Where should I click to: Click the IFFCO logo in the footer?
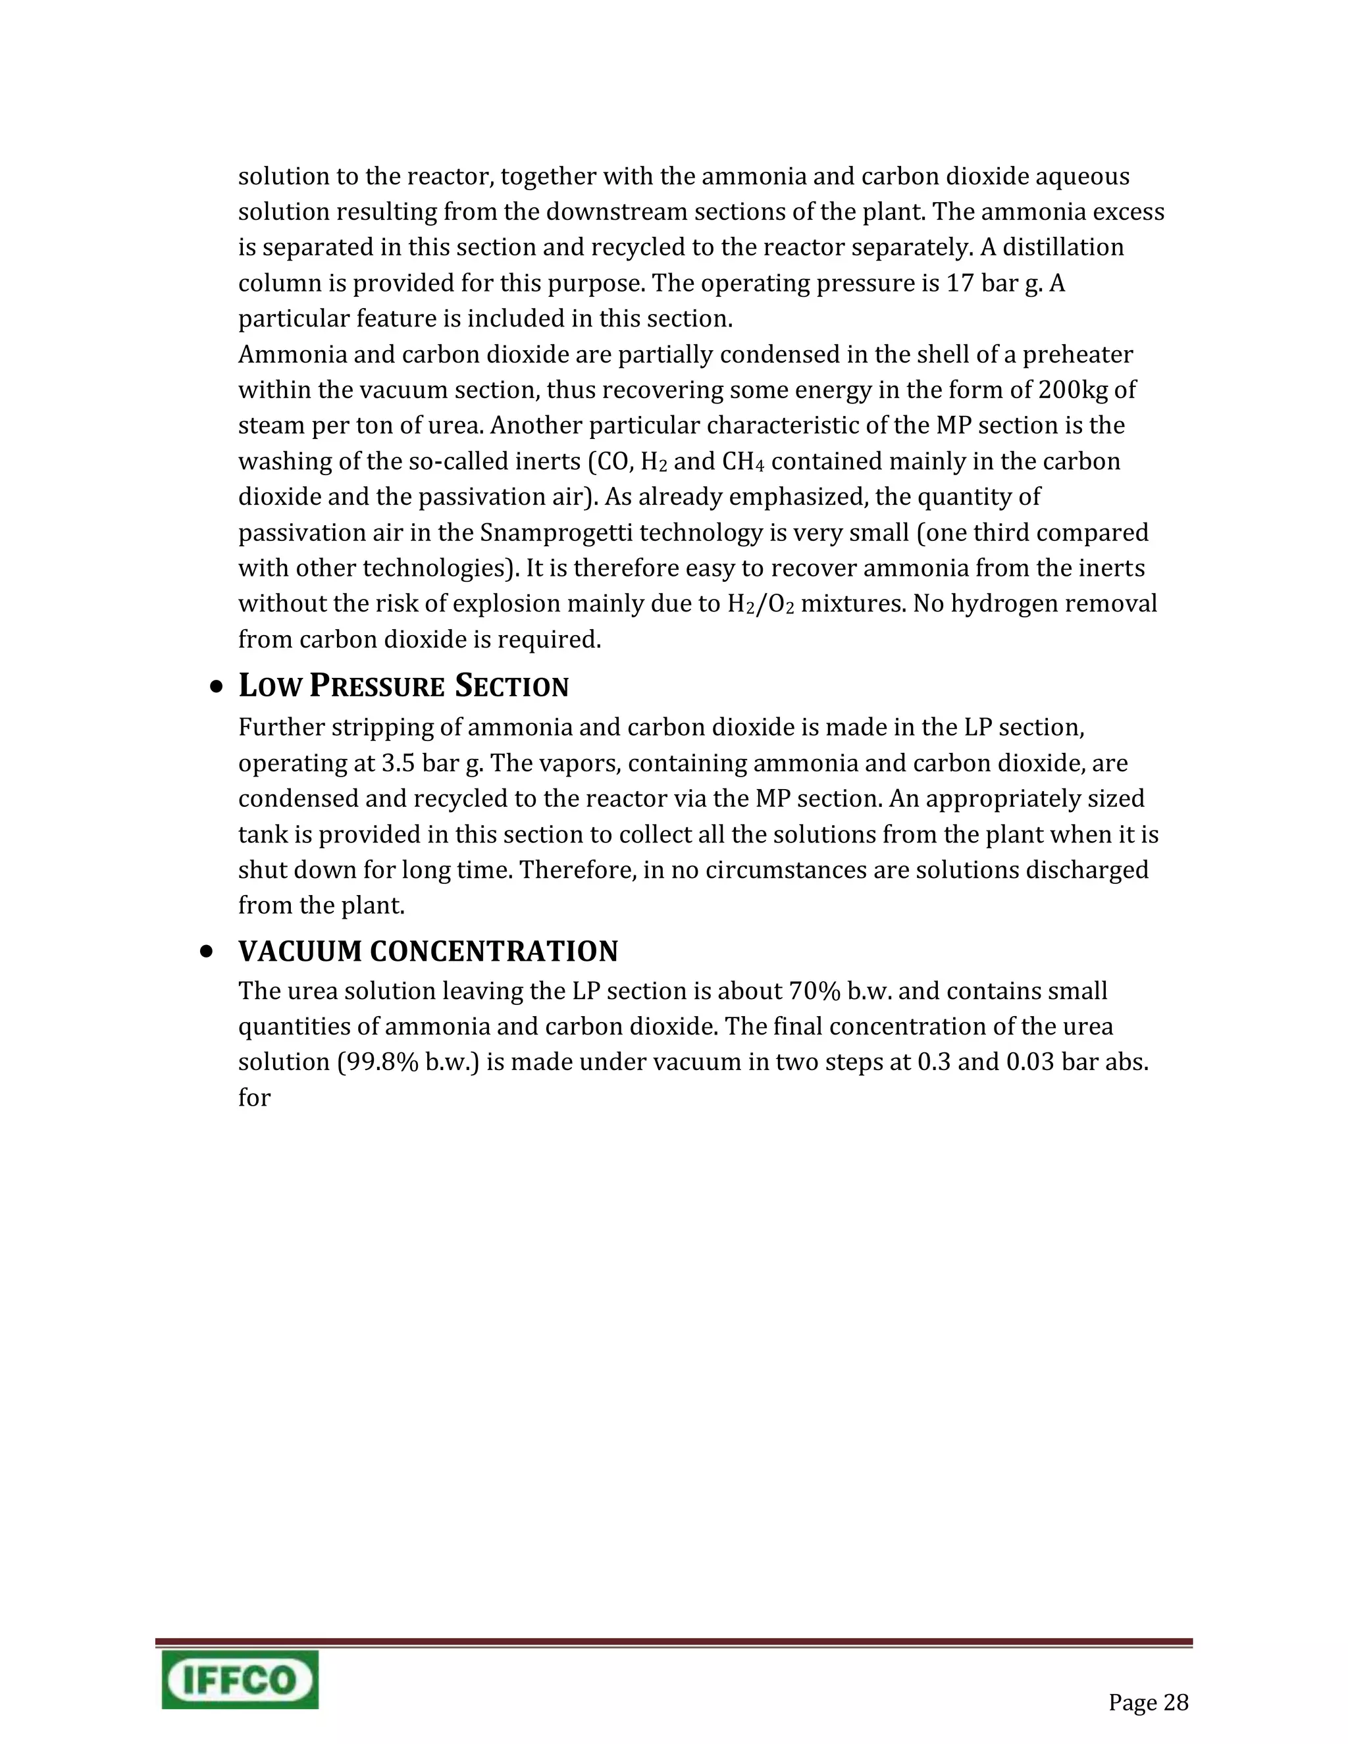point(240,1680)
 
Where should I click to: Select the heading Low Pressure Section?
point(403,686)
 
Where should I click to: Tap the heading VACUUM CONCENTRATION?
point(428,951)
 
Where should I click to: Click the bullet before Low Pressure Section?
point(217,686)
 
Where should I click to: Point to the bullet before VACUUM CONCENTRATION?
point(207,952)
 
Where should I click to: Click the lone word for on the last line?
point(254,1097)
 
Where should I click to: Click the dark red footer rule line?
point(673,1643)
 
